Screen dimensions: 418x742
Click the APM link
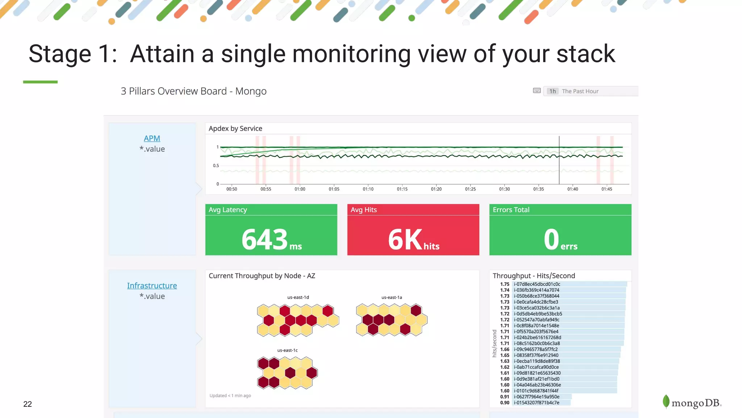pos(152,138)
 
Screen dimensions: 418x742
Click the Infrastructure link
pos(152,286)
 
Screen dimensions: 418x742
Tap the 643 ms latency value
pos(271,240)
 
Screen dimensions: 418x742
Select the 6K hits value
pos(413,240)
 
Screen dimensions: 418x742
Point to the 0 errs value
pos(560,240)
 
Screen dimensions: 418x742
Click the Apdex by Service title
pos(235,128)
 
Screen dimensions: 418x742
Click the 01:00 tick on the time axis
pos(300,189)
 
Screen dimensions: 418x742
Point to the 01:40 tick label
pos(572,189)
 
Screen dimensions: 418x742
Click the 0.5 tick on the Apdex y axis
pos(216,165)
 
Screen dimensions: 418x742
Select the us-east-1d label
pos(298,297)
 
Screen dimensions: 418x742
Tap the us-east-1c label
pos(287,350)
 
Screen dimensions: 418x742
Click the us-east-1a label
pos(391,297)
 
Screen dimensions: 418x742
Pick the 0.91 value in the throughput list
pos(504,397)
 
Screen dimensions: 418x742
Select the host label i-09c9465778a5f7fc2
pos(535,349)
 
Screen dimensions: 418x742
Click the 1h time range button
pos(552,91)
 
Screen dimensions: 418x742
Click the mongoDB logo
pos(692,402)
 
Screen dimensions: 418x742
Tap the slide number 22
pos(28,404)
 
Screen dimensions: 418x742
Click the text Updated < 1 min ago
pos(230,396)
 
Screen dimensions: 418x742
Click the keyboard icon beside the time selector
pos(537,91)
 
